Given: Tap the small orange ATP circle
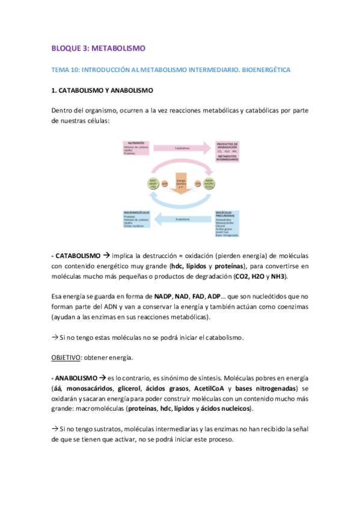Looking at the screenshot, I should (x=198, y=184).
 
